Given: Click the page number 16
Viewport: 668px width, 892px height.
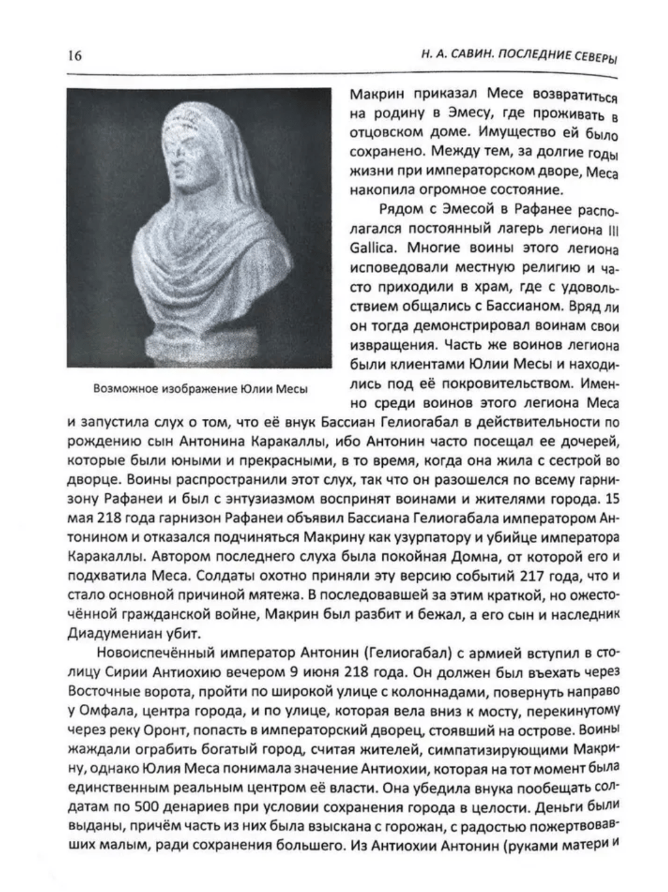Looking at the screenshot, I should tap(74, 56).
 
